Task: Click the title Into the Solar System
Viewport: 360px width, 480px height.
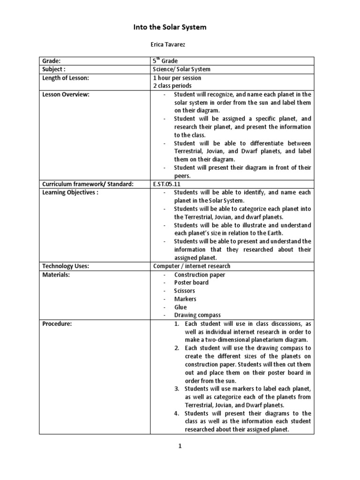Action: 170,27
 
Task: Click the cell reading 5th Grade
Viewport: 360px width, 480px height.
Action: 165,61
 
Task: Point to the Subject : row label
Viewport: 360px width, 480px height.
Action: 54,69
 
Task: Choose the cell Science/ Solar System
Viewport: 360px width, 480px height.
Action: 181,69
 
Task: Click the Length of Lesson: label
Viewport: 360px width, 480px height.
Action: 66,78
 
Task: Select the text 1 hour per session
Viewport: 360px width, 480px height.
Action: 177,78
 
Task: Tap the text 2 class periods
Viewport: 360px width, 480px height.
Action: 172,86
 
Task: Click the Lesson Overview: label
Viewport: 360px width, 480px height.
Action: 66,94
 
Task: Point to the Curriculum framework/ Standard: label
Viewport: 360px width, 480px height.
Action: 88,184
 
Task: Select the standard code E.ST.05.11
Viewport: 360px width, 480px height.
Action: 166,184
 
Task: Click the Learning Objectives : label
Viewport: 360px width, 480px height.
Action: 70,192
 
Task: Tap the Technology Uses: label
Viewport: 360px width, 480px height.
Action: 66,266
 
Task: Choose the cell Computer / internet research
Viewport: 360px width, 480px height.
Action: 192,266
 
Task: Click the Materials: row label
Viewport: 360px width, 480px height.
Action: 56,274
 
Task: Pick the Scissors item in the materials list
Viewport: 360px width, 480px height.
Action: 185,291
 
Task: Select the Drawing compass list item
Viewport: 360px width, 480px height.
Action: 197,315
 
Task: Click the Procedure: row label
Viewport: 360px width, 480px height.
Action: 57,323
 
